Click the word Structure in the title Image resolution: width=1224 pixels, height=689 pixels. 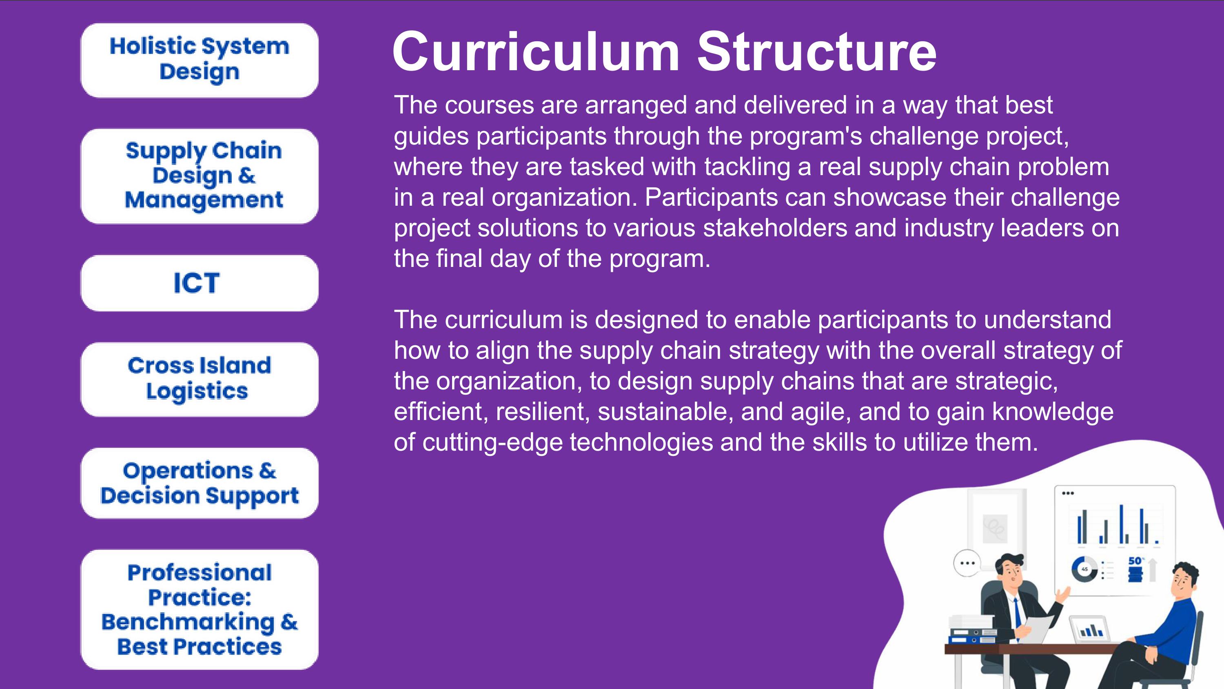point(817,51)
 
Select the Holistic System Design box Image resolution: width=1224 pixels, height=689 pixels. point(200,60)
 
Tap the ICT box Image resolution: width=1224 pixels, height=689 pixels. point(200,283)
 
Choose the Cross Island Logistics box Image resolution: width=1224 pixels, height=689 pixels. point(200,380)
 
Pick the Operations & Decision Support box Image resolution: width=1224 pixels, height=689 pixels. point(200,483)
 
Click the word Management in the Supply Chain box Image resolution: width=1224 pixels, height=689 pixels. point(204,200)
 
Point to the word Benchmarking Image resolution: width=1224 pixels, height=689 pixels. point(188,622)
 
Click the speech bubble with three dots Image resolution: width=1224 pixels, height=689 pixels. point(967,563)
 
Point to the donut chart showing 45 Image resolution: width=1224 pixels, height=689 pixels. point(1084,569)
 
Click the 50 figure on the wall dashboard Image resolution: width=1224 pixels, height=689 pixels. point(1135,561)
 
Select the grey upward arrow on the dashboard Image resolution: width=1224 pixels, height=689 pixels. point(1152,570)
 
